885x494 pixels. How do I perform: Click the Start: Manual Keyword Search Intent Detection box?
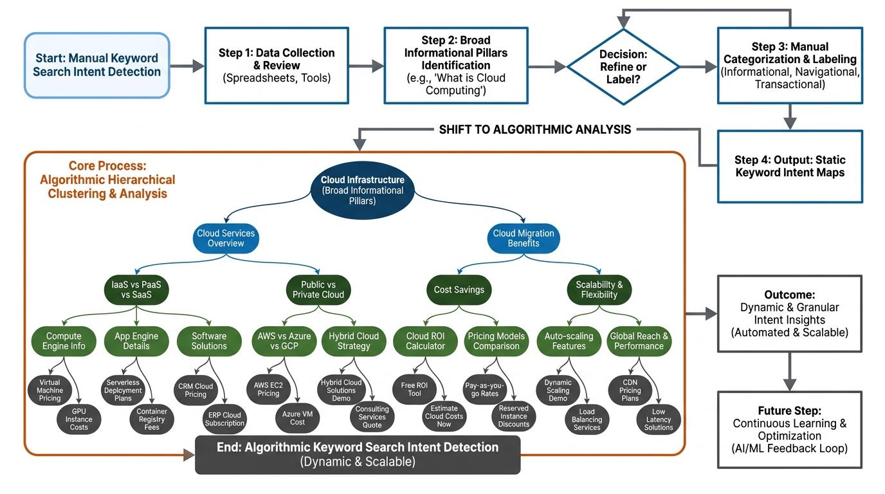tap(97, 65)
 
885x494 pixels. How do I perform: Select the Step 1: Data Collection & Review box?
tap(277, 65)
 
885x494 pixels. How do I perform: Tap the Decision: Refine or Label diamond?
tap(623, 66)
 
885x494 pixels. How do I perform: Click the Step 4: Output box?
tap(790, 166)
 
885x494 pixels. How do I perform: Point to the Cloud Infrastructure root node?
tap(362, 190)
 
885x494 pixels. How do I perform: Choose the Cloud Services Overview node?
tap(225, 238)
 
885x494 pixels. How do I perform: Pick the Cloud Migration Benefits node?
tap(523, 238)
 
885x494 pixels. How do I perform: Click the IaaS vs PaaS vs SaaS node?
tap(136, 289)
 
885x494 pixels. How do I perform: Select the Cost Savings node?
tap(459, 289)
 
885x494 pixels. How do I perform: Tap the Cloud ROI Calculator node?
tap(425, 341)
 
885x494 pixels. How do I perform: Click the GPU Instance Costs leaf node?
tap(79, 419)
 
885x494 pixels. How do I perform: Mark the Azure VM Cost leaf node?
tap(297, 418)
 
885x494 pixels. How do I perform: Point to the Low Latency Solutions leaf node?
tap(658, 419)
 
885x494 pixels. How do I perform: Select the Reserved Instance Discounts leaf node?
tap(514, 416)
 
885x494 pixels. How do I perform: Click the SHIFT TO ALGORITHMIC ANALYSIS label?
tap(534, 130)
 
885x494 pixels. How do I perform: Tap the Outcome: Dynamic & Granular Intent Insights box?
tap(790, 313)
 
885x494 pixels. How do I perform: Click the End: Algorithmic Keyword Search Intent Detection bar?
tap(358, 453)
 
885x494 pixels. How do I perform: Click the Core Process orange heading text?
tap(107, 179)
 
